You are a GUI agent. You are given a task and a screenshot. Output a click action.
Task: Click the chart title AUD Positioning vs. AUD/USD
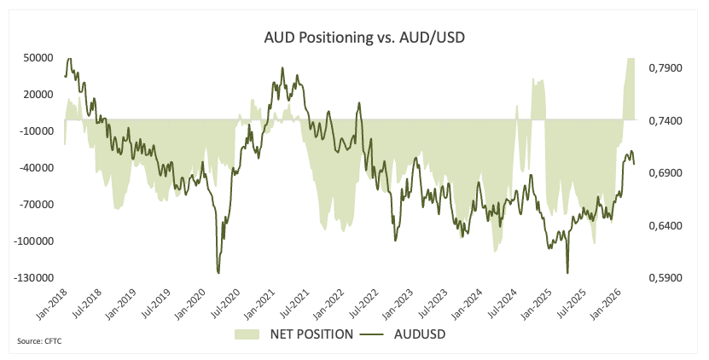tap(355, 38)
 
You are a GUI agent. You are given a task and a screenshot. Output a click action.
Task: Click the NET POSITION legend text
tap(312, 334)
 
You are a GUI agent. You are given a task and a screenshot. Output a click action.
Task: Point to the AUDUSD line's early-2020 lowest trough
tap(218, 273)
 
